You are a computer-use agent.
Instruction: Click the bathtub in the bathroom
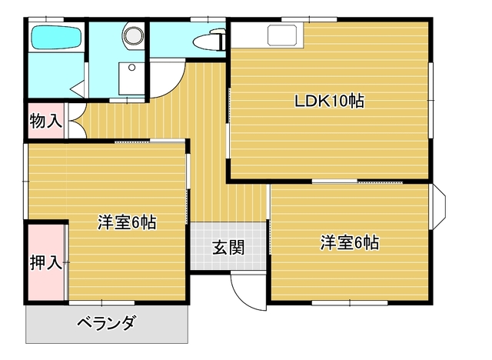(56, 38)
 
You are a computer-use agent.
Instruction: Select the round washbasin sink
(133, 35)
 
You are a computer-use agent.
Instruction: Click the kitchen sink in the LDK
(282, 35)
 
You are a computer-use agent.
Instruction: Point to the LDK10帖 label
(329, 101)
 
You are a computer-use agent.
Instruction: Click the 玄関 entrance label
(228, 248)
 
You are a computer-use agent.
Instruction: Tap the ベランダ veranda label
(107, 323)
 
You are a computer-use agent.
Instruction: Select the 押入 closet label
(46, 262)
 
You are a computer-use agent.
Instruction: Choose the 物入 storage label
(46, 121)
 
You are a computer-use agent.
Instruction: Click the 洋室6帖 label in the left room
(127, 222)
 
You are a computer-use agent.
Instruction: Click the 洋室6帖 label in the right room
(350, 242)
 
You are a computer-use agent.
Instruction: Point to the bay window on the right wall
(438, 205)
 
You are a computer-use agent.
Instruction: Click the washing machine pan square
(131, 78)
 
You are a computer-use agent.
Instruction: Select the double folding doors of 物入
(77, 121)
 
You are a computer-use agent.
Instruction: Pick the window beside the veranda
(101, 303)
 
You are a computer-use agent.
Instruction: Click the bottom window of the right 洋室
(350, 303)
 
